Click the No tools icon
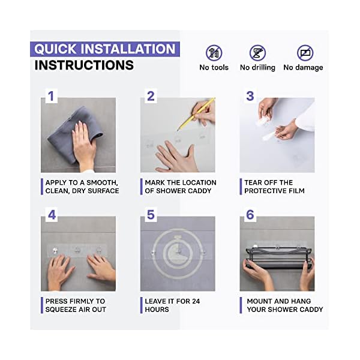click(x=214, y=53)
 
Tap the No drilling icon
click(x=257, y=53)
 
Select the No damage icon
click(x=305, y=53)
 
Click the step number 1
click(x=51, y=96)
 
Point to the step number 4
click(x=52, y=215)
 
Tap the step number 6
click(x=250, y=215)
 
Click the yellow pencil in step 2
click(x=196, y=114)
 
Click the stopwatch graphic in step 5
click(x=178, y=253)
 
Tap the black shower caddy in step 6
click(x=279, y=258)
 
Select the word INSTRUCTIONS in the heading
click(x=84, y=65)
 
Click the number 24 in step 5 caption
click(x=196, y=301)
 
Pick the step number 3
click(x=250, y=96)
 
